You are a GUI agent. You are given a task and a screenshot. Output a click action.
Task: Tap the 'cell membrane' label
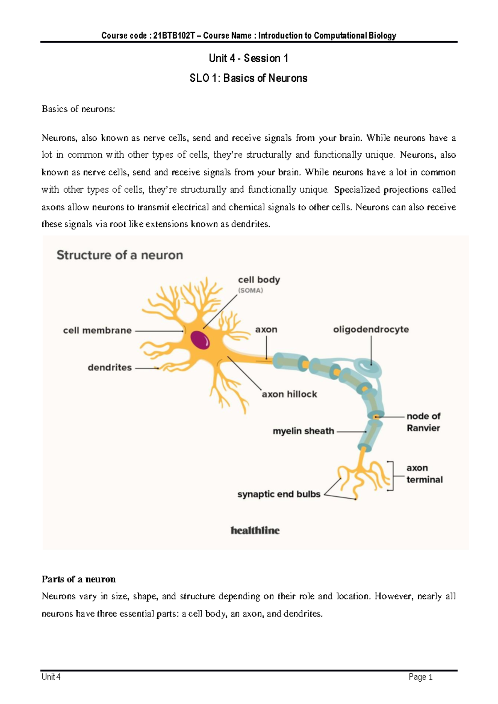pos(97,330)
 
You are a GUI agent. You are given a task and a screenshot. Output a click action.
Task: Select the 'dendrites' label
pos(110,367)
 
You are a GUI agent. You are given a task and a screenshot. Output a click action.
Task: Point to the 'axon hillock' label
pos(289,394)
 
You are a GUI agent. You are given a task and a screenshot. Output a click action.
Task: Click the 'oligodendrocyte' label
pos(371,329)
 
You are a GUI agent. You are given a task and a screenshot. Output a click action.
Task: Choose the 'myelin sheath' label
pos(303,431)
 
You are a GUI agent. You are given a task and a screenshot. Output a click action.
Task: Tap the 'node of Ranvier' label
pos(423,422)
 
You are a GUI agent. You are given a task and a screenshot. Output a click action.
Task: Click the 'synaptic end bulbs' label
pos(279,494)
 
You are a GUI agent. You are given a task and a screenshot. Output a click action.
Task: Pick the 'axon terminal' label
pos(424,474)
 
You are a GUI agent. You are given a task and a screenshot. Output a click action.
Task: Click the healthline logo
pos(255,530)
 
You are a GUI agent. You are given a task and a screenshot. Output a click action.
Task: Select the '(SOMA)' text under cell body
pos(250,291)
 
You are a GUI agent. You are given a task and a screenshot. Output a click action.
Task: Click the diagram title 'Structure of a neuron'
pos(120,255)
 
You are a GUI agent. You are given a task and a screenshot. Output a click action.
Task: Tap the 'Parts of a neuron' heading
pos(78,579)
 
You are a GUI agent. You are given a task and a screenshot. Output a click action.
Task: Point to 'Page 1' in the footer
pos(420,677)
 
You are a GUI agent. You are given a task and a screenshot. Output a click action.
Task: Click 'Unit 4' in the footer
pos(51,677)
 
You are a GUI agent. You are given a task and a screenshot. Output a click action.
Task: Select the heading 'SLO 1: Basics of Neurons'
pos(248,78)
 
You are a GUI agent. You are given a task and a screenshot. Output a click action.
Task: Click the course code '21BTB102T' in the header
pos(174,36)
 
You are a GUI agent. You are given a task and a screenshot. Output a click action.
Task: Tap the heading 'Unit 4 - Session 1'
pos(248,58)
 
